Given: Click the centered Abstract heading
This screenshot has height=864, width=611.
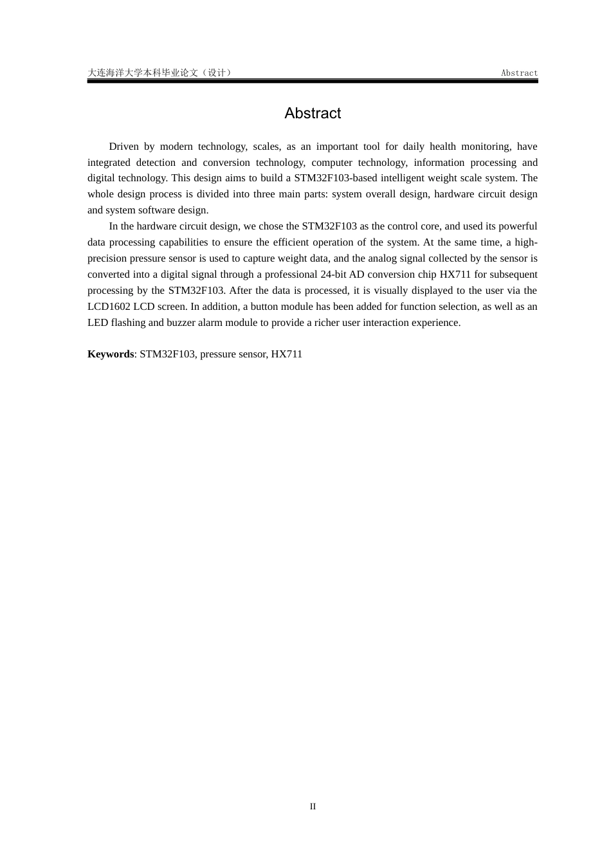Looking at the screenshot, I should point(313,113).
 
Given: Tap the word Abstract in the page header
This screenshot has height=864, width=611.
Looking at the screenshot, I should point(519,73).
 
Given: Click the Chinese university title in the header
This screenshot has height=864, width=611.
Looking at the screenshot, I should point(160,73).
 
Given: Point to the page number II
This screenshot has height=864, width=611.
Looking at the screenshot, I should point(313,806).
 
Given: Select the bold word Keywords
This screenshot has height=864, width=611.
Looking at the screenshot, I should point(111,354).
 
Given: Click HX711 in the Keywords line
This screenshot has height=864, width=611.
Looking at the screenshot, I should point(286,354).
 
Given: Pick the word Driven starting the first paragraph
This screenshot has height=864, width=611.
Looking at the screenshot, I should point(123,147).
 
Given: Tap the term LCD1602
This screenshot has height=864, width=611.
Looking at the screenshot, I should point(109,307).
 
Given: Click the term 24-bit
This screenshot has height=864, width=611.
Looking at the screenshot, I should point(334,274).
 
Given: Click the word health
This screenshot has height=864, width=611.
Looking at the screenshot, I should point(442,147).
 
